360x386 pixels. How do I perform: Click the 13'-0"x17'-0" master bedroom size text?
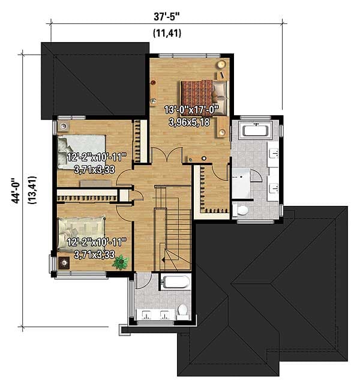[x=191, y=110]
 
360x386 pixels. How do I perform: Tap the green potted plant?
[x=121, y=262]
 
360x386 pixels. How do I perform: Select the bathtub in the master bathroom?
[x=256, y=130]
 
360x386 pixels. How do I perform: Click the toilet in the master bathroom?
[x=241, y=210]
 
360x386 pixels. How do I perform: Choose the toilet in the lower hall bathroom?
[x=183, y=310]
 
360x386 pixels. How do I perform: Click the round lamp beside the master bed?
[x=221, y=64]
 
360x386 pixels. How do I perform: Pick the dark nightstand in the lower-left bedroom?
[x=64, y=262]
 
